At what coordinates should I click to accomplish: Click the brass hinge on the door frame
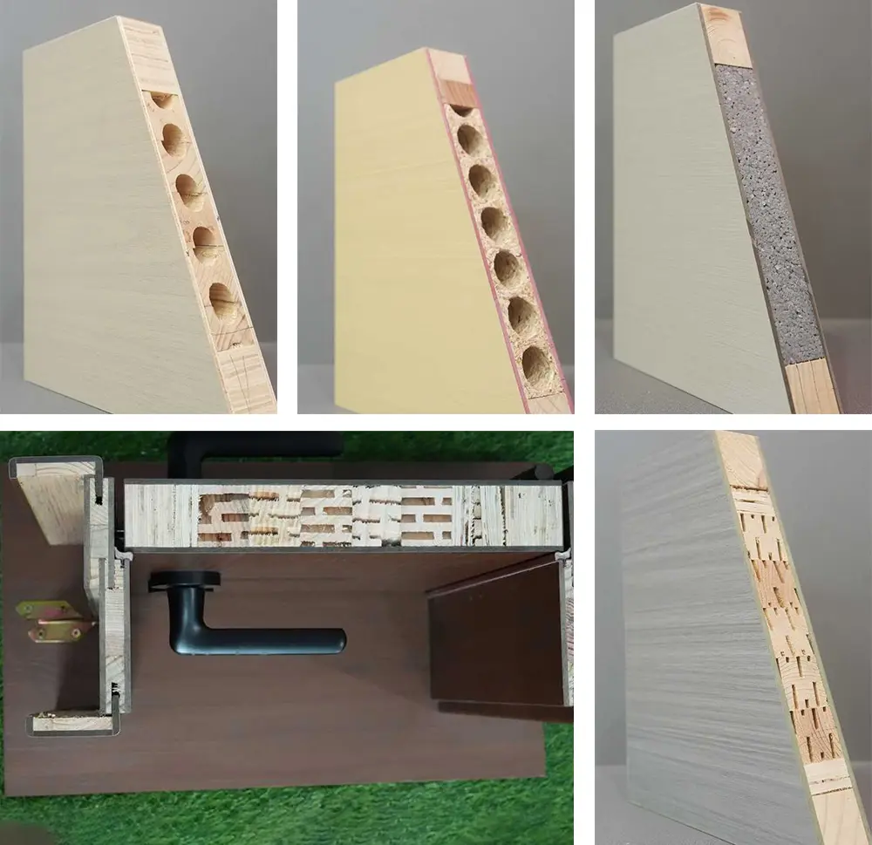(54, 618)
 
